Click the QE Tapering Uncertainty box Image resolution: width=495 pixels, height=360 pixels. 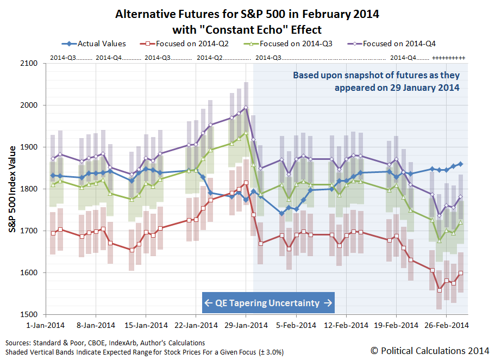click(x=268, y=303)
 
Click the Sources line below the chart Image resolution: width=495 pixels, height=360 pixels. click(x=105, y=343)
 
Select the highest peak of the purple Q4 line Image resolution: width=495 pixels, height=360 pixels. click(x=246, y=108)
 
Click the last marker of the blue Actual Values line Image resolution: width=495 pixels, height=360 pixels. click(x=460, y=164)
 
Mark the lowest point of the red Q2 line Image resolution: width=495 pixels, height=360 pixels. click(x=440, y=290)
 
